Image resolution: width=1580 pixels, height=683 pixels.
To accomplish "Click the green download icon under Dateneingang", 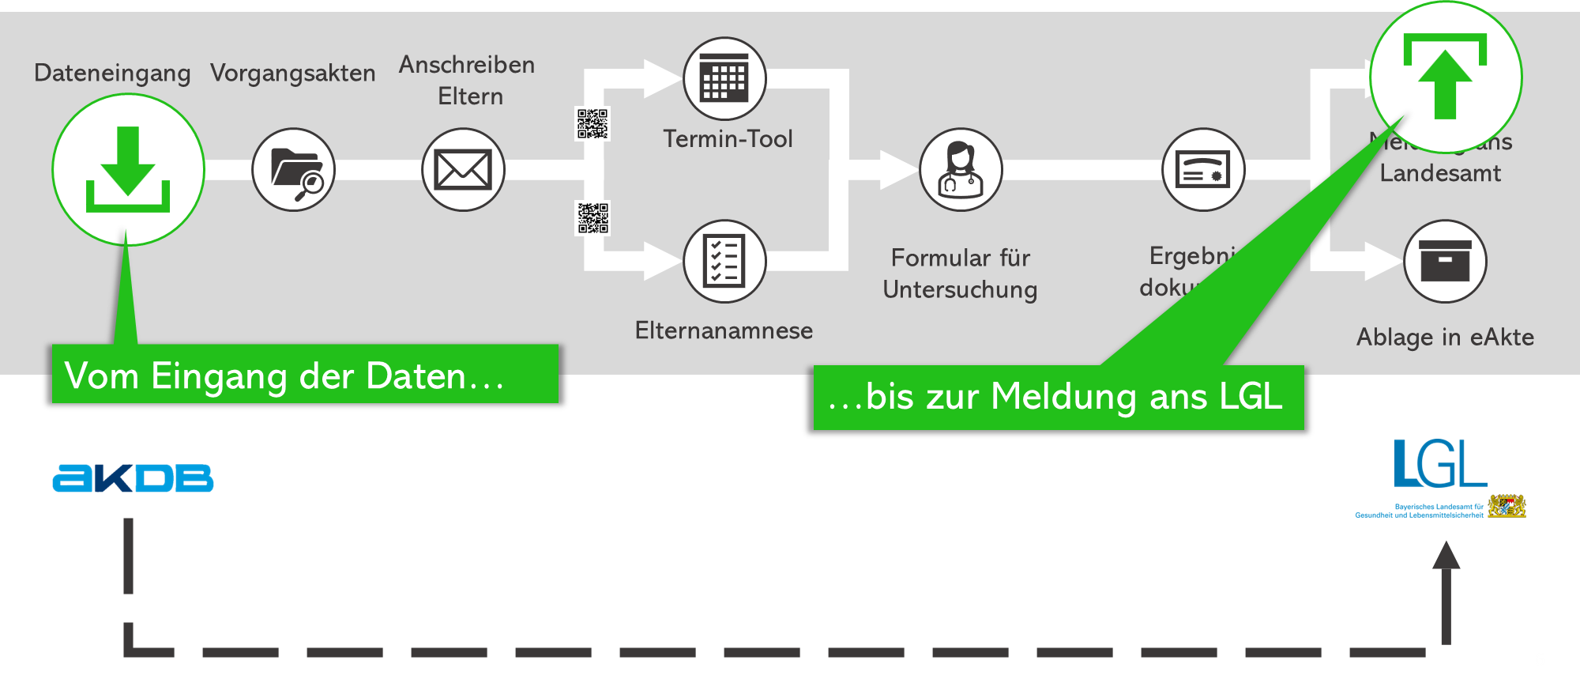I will [128, 170].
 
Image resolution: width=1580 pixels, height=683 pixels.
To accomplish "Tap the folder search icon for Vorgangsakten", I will [294, 170].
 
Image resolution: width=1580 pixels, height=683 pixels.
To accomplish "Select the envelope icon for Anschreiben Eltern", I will [463, 170].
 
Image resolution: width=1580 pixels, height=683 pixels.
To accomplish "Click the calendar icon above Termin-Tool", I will [724, 79].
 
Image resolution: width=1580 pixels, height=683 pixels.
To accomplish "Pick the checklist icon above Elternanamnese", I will [724, 261].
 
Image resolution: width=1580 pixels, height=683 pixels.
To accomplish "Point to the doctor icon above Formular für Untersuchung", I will [961, 170].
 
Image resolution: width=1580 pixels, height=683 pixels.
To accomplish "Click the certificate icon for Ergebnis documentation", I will [1203, 170].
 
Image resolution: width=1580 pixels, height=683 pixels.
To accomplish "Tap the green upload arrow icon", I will [1445, 77].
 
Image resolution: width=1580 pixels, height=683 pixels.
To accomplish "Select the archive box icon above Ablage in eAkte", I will [1445, 261].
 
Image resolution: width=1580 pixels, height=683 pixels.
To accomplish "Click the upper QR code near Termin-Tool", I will [592, 124].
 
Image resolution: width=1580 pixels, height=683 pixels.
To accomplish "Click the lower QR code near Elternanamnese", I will [592, 218].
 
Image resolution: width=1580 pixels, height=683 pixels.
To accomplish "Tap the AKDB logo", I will [133, 478].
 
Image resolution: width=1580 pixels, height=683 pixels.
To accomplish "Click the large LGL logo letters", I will [1439, 464].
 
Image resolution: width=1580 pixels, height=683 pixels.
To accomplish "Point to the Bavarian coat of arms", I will [1507, 506].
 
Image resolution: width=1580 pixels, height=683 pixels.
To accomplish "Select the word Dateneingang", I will [112, 74].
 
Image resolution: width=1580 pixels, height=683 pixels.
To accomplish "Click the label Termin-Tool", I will [728, 139].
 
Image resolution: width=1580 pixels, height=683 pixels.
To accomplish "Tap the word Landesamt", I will [1440, 173].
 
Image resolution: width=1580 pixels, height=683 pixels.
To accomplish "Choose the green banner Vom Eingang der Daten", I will [305, 375].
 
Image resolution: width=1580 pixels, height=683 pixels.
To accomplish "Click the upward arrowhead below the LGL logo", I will [1446, 555].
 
